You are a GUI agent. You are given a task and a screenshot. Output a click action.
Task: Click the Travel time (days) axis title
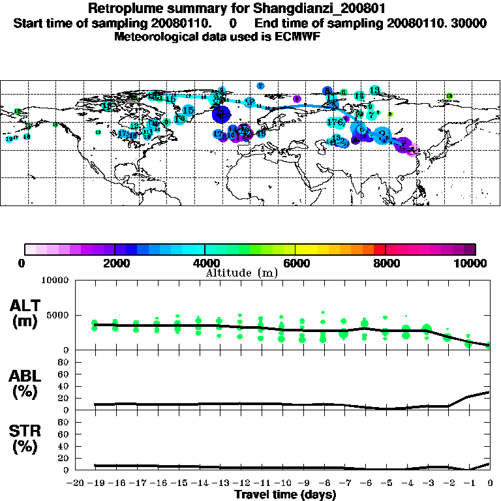pyautogui.click(x=285, y=494)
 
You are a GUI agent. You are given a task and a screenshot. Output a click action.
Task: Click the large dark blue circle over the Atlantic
pyautogui.click(x=222, y=114)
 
